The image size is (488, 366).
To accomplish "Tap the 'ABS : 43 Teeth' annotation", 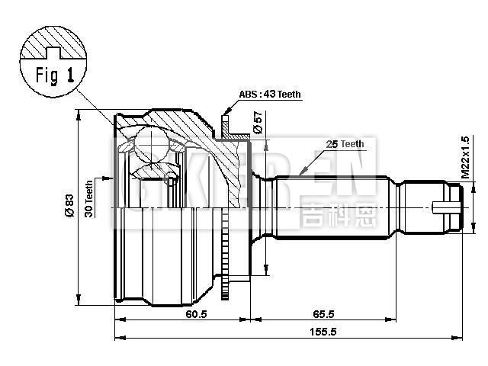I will tap(270, 95).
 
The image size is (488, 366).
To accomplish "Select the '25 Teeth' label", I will tap(345, 143).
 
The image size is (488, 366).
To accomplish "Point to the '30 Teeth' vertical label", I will tap(89, 199).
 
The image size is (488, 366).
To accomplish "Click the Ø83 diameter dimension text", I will tap(68, 206).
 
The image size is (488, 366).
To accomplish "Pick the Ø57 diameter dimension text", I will tap(258, 122).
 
